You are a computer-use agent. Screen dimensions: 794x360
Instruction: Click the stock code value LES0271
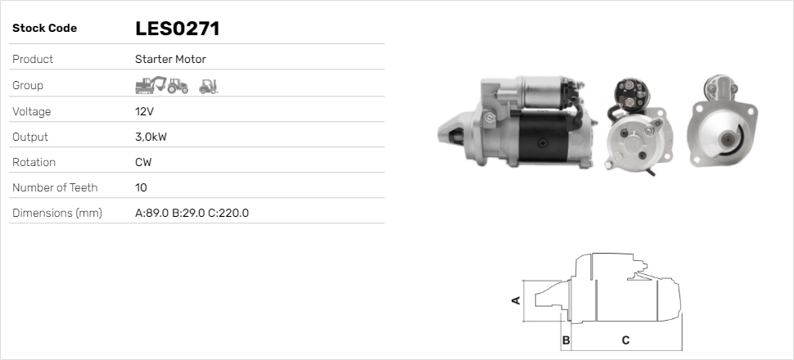click(x=178, y=29)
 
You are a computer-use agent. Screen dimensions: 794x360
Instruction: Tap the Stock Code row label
click(x=44, y=29)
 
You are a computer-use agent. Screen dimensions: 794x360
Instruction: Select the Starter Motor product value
click(x=170, y=59)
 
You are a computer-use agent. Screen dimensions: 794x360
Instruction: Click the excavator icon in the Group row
click(x=151, y=85)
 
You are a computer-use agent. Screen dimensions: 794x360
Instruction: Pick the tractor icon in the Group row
click(x=178, y=86)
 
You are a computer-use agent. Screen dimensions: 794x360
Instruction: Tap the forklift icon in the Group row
click(x=208, y=87)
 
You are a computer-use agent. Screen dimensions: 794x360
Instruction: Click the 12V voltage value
click(x=144, y=111)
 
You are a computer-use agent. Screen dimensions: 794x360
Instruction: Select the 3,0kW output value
click(x=151, y=137)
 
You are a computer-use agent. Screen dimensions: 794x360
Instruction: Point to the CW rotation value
click(x=143, y=162)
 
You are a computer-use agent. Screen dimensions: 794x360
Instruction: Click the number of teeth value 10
click(x=141, y=187)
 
